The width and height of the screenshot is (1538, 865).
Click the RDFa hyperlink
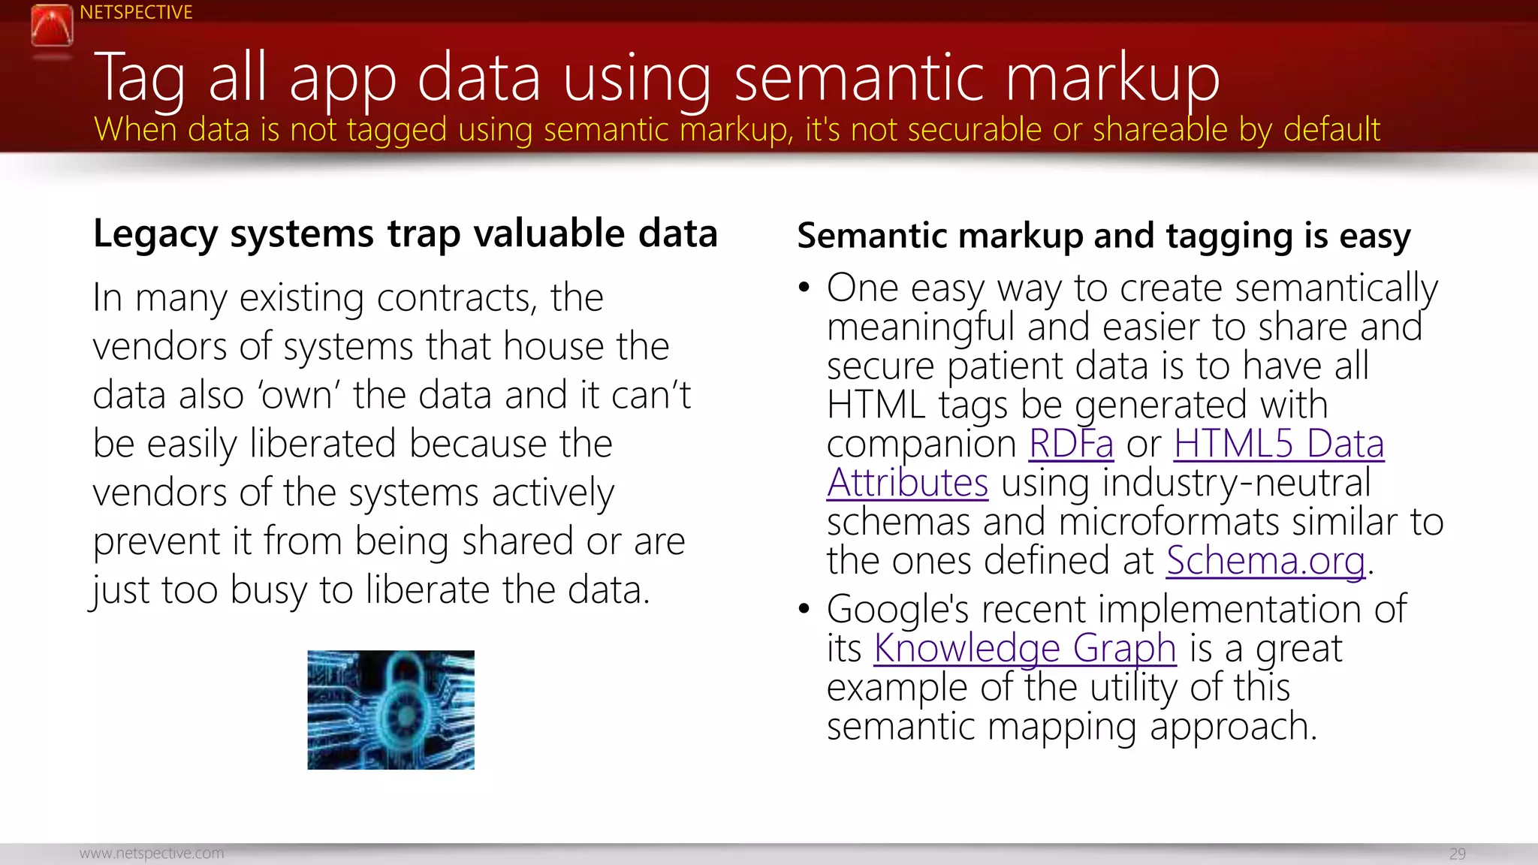(1070, 444)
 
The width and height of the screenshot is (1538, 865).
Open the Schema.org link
(1265, 561)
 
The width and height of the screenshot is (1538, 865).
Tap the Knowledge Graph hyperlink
(1024, 648)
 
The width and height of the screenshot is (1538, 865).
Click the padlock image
(391, 710)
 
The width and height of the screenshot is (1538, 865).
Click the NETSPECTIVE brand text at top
(136, 13)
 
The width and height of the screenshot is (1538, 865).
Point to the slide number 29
(1457, 854)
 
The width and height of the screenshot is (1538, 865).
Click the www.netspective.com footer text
(152, 854)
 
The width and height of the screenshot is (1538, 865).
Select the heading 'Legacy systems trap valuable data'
(405, 234)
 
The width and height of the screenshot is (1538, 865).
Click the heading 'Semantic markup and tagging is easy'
(1103, 236)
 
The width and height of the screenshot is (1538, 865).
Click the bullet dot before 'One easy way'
(804, 288)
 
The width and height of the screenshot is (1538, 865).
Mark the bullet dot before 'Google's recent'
(804, 608)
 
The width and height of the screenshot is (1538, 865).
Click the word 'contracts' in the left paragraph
(457, 298)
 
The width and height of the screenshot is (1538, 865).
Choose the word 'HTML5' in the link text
(1233, 444)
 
